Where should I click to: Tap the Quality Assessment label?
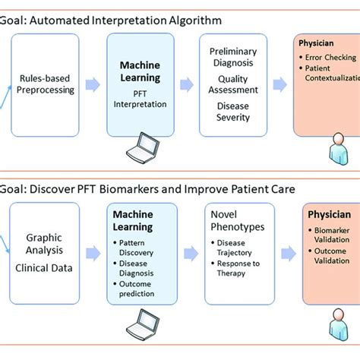pos(232,84)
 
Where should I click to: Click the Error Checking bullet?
pos(328,57)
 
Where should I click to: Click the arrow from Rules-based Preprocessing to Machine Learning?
pos(90,84)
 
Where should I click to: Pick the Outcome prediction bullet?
pos(141,289)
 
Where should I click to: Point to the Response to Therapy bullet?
pos(238,270)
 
